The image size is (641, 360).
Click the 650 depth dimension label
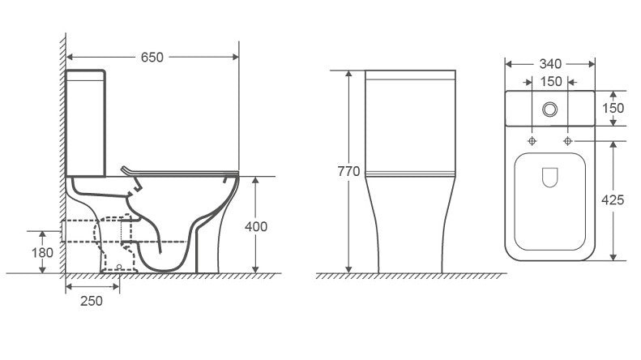click(x=152, y=57)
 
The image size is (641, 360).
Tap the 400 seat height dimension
click(x=256, y=226)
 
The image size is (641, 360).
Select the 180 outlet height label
click(x=43, y=252)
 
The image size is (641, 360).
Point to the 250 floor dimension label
click(x=92, y=301)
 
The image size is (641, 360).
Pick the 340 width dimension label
click(x=550, y=63)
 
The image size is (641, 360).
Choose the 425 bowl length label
click(x=613, y=200)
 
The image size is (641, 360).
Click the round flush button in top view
click(x=550, y=108)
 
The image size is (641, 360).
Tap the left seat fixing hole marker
click(x=532, y=141)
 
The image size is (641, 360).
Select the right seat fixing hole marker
click(x=568, y=141)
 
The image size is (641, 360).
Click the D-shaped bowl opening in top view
click(x=550, y=178)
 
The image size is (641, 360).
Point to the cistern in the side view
click(x=86, y=122)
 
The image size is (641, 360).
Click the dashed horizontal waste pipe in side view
click(x=93, y=231)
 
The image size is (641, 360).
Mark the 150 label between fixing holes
click(x=550, y=81)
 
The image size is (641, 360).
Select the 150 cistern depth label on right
click(x=613, y=108)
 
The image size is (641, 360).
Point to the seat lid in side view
click(x=178, y=172)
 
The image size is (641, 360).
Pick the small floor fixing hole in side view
click(x=120, y=266)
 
